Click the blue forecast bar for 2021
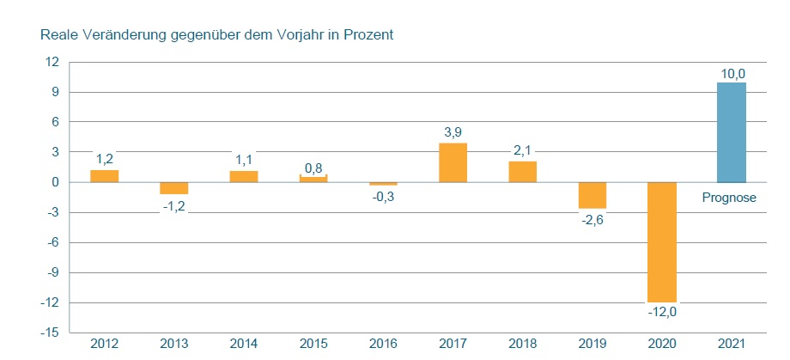pyautogui.click(x=732, y=131)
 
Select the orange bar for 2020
pyautogui.click(x=662, y=241)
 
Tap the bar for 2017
pyautogui.click(x=453, y=162)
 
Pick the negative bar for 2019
pyautogui.click(x=592, y=195)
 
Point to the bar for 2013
pyautogui.click(x=173, y=188)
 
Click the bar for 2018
pyautogui.click(x=522, y=172)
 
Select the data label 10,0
pyautogui.click(x=732, y=75)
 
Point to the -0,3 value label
pyautogui.click(x=383, y=197)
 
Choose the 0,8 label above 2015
pyautogui.click(x=313, y=167)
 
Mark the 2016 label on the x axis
pyautogui.click(x=383, y=345)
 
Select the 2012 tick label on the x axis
pyautogui.click(x=104, y=345)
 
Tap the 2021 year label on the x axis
pyautogui.click(x=732, y=345)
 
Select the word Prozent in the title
pyautogui.click(x=368, y=35)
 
